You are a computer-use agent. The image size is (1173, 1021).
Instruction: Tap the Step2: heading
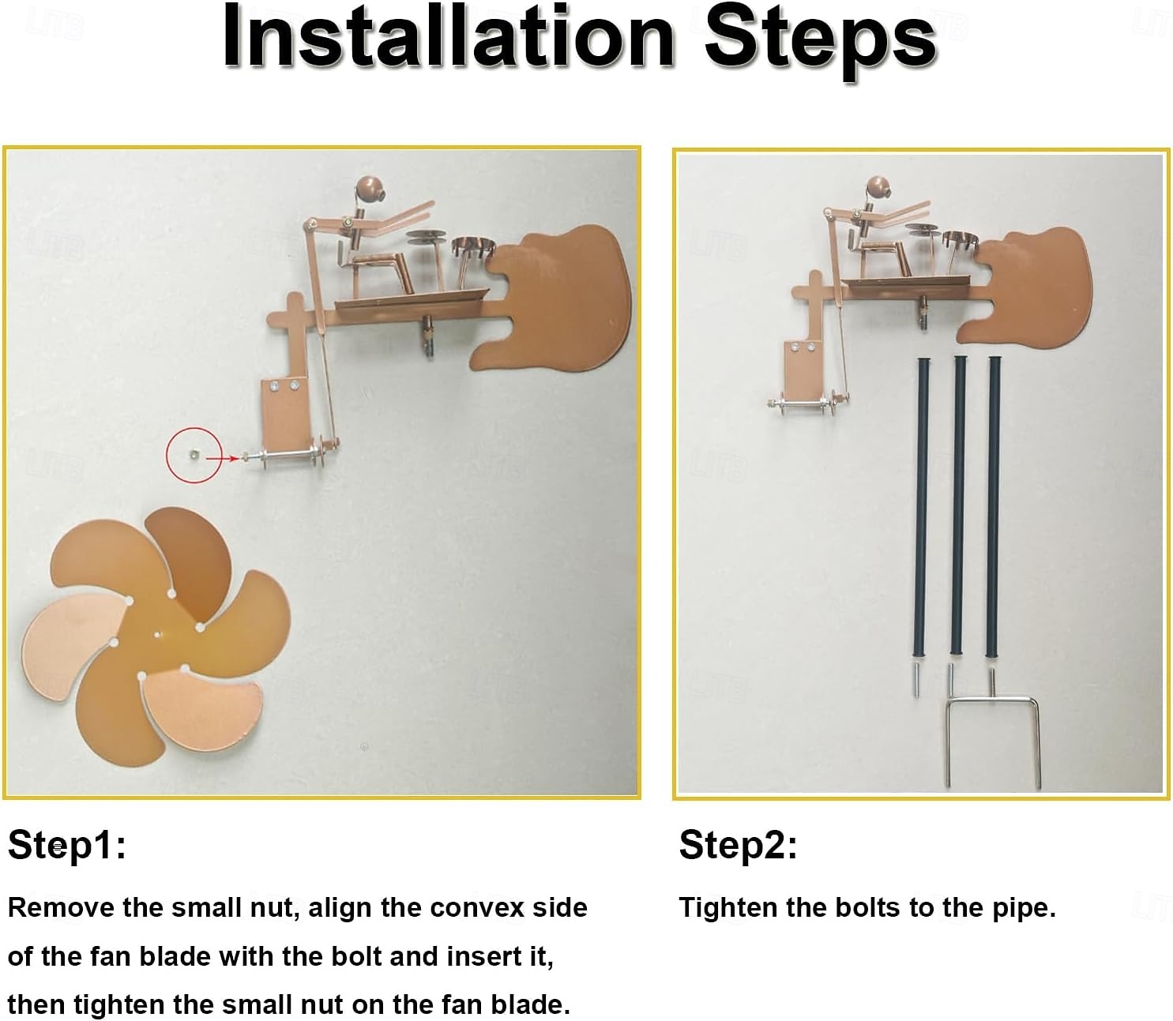(x=737, y=845)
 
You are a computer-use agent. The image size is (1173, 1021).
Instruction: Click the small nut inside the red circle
(x=194, y=454)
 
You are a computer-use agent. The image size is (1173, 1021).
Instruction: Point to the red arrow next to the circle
(x=222, y=458)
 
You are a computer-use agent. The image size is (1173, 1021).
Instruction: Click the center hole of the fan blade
(x=159, y=634)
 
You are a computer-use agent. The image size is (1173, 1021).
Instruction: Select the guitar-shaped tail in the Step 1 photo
(x=553, y=298)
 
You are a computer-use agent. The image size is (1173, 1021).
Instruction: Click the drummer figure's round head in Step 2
(x=878, y=188)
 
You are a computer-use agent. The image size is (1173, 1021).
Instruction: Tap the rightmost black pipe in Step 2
(x=994, y=506)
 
